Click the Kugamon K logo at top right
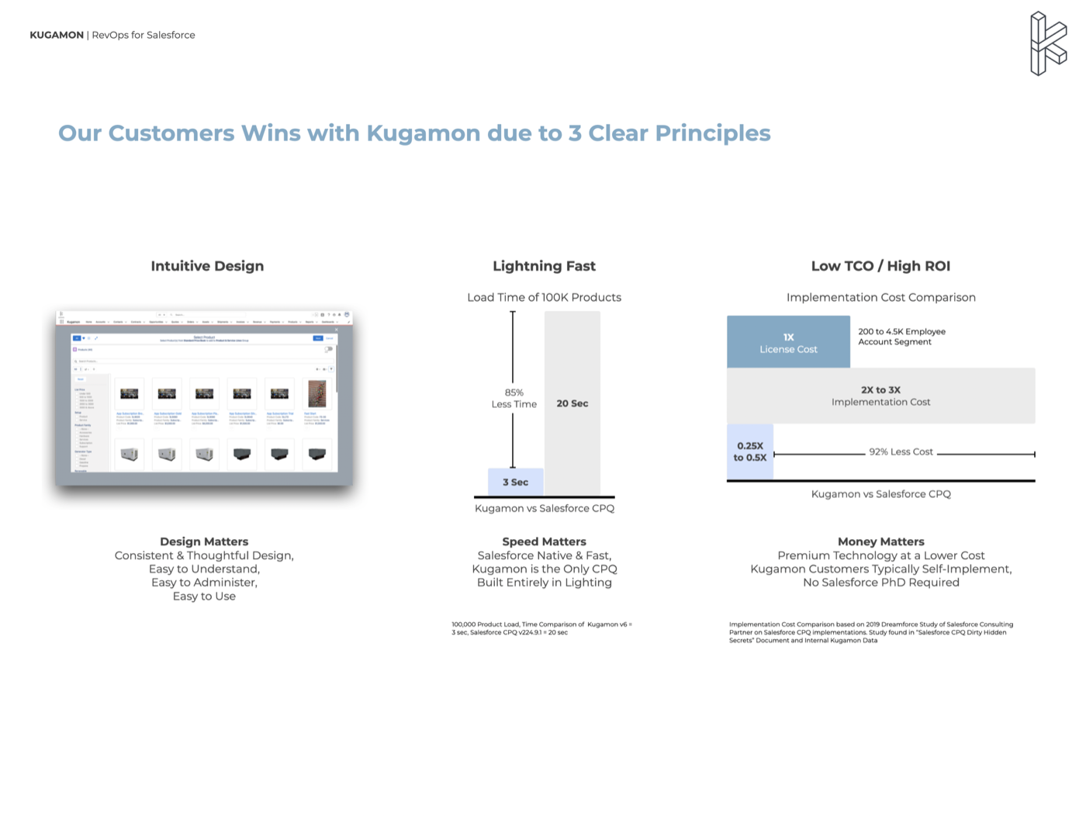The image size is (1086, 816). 1047,44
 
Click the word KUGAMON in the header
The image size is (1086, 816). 57,35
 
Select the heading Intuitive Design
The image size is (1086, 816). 207,266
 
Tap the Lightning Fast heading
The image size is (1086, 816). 544,266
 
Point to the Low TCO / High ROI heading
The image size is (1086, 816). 880,266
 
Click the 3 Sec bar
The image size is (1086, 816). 515,482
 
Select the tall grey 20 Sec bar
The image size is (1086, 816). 572,403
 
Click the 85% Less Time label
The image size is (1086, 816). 514,398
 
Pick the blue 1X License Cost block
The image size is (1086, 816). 788,342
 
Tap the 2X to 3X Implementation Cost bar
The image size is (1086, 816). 880,396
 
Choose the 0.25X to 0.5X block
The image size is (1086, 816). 750,451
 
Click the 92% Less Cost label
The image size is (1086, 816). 901,451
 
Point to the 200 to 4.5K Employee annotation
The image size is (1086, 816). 901,337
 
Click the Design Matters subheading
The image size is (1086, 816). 204,541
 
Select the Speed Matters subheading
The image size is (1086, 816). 544,541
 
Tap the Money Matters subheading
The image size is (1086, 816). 880,541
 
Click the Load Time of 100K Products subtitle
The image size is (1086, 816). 544,297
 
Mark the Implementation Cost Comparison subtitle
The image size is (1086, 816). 880,297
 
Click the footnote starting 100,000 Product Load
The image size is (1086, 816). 541,628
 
